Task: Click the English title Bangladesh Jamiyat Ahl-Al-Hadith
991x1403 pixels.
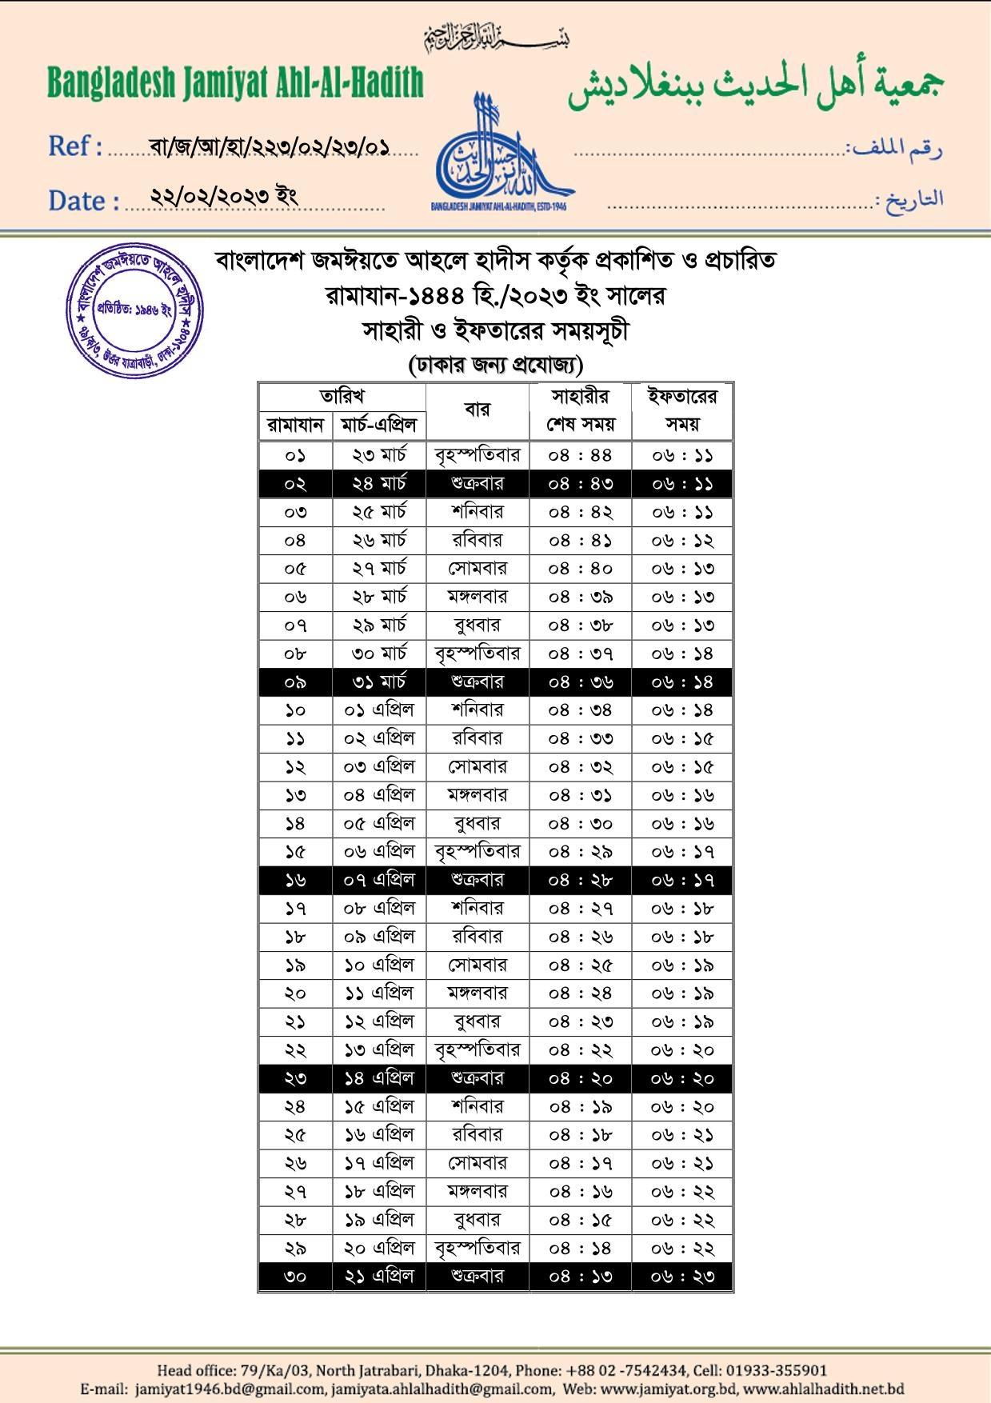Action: point(235,83)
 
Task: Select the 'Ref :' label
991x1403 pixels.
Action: point(75,146)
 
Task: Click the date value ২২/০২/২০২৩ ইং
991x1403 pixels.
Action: point(225,196)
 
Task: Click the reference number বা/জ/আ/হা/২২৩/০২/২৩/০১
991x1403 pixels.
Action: point(270,146)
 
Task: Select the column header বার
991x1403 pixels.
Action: point(477,410)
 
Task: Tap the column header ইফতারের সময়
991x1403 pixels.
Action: point(681,410)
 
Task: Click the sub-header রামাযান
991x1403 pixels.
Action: point(295,425)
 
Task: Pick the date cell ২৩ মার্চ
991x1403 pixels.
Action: point(379,455)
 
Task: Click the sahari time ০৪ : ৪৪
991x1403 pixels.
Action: point(580,455)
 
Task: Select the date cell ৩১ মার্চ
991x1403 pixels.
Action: point(379,682)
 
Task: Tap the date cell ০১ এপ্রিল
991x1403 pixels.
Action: point(379,710)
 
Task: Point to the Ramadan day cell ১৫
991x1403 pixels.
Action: point(295,852)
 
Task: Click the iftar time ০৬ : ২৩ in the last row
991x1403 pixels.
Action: point(681,1277)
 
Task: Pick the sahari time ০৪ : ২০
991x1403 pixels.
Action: point(580,1078)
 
